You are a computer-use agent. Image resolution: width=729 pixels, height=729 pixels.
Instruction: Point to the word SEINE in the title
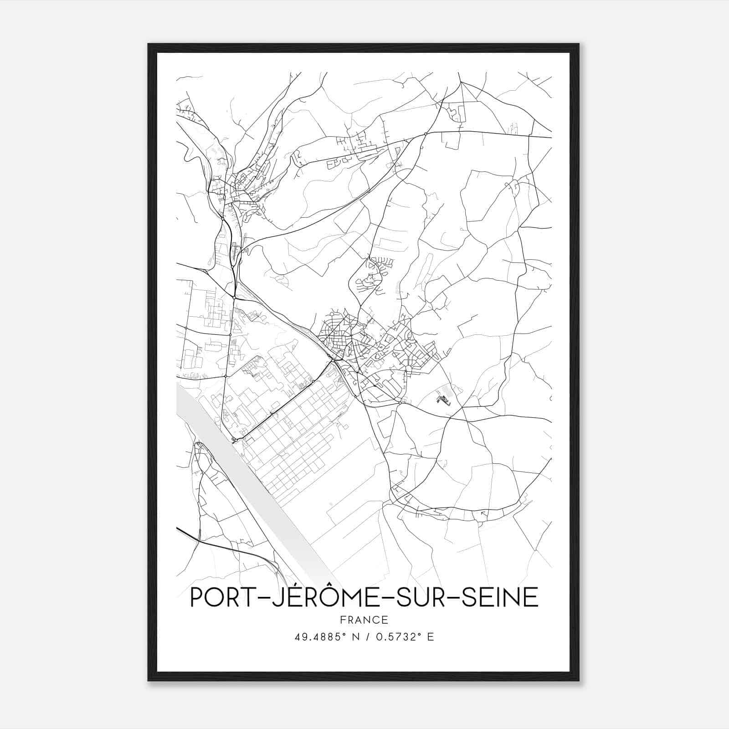coord(500,597)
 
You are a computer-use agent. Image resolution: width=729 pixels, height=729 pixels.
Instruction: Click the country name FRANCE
coord(364,620)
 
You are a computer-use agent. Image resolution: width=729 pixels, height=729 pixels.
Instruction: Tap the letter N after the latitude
coord(356,637)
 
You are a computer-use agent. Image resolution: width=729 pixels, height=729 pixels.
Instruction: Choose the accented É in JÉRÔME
coord(287,596)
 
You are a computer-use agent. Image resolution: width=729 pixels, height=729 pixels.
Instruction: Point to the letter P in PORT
coord(196,597)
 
